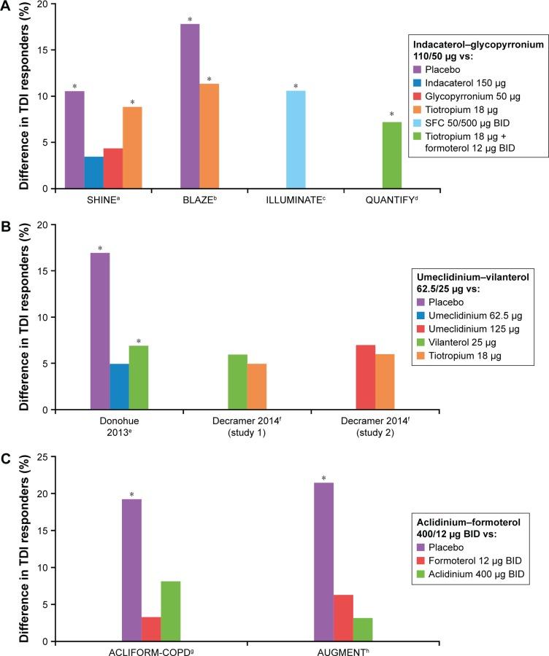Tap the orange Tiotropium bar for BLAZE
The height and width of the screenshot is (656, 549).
(x=208, y=136)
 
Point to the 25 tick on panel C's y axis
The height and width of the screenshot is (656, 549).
(x=45, y=457)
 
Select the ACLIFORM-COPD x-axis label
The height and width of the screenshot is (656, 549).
(x=151, y=650)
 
